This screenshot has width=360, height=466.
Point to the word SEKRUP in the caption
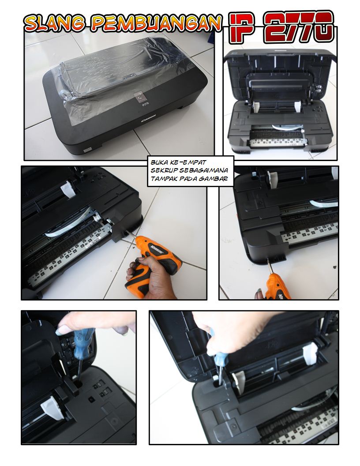[164, 171]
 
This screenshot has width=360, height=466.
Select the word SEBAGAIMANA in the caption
[204, 171]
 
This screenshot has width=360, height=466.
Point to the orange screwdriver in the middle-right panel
[277, 285]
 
